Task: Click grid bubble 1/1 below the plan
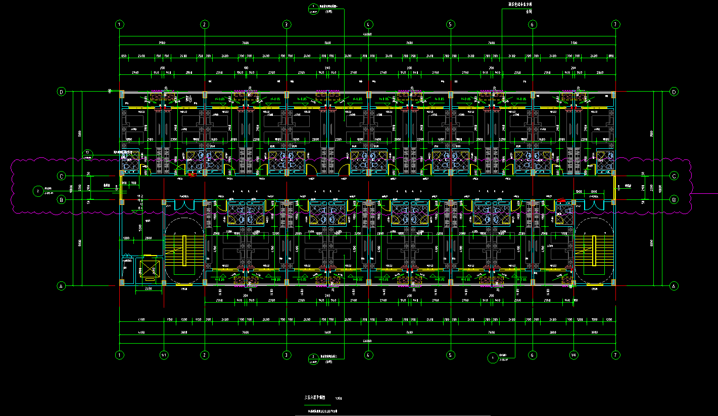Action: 164,355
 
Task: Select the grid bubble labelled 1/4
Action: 573,355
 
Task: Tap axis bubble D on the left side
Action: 62,92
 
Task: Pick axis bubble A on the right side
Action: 674,286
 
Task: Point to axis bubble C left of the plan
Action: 62,176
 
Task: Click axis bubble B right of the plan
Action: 674,200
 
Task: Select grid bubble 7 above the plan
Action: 615,24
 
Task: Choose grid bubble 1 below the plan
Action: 120,355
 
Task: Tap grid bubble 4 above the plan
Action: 368,24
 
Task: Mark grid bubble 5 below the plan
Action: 450,355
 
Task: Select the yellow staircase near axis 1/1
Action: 194,251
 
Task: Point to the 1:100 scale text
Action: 339,398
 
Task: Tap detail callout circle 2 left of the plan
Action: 38,191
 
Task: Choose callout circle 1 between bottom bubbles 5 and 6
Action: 493,358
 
